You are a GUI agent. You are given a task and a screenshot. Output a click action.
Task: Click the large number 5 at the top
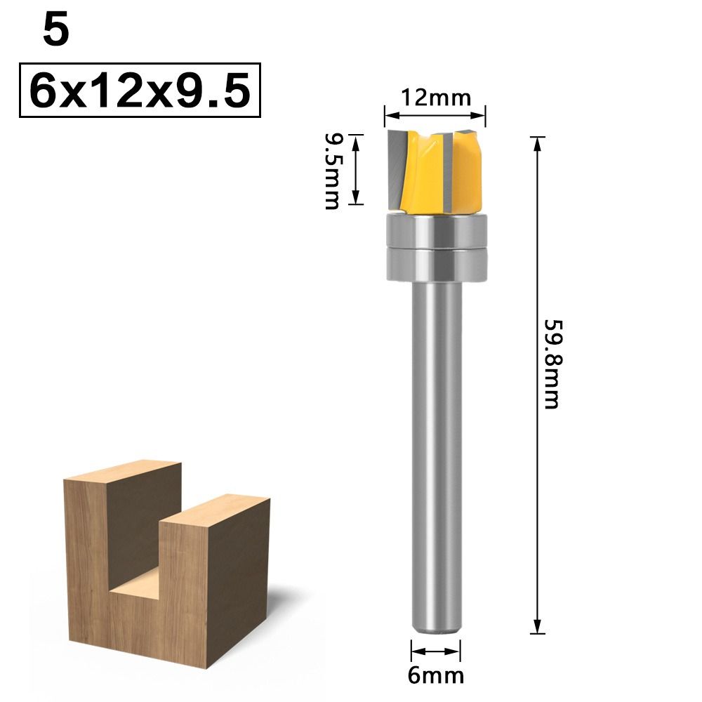tap(56, 31)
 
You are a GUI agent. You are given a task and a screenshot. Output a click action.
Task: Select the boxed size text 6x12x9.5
tap(140, 91)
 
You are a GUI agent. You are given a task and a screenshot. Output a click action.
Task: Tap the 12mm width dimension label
tap(436, 98)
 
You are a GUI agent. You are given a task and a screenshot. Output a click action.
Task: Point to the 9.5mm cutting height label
tap(332, 171)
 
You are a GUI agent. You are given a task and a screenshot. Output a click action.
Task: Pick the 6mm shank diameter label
tap(436, 675)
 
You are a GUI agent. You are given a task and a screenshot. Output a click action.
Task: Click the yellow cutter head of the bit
tap(435, 170)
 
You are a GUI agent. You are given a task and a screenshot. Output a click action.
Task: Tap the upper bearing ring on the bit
tap(436, 230)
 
